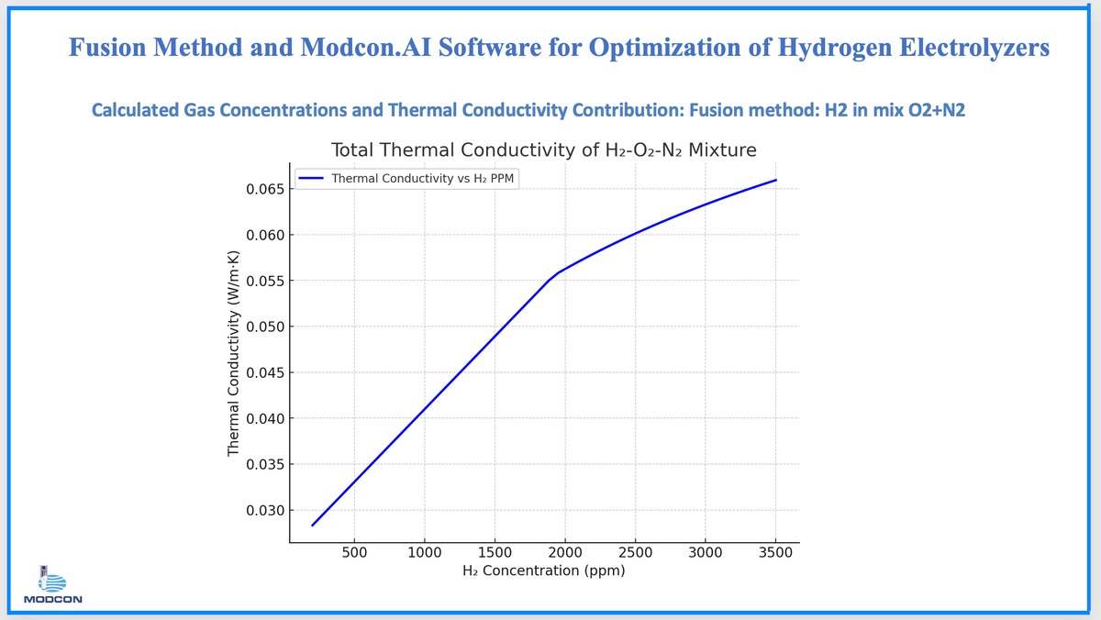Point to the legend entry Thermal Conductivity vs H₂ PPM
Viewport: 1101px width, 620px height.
click(x=422, y=179)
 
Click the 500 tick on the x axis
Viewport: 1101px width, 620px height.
click(x=354, y=553)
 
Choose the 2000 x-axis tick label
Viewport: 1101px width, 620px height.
click(x=564, y=553)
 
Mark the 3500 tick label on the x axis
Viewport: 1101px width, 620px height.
click(x=775, y=553)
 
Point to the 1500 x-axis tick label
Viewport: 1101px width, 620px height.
click(x=495, y=553)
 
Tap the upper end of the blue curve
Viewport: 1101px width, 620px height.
click(x=775, y=180)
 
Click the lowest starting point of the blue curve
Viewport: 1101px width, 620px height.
click(x=313, y=526)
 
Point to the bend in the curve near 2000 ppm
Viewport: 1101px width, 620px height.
click(x=553, y=275)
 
